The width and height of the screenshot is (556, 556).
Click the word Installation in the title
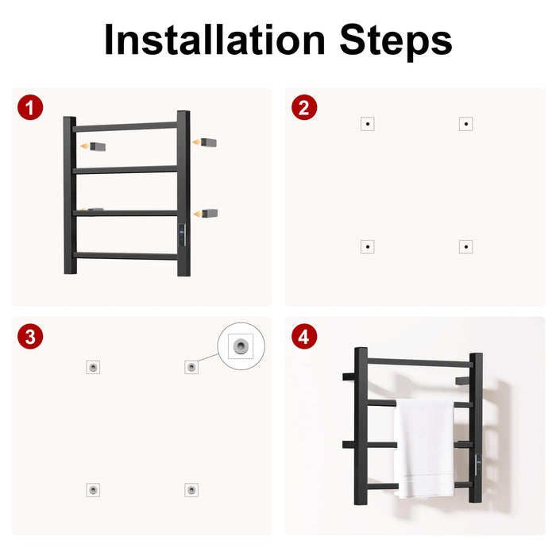tap(215, 40)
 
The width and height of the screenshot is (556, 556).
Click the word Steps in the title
tap(396, 43)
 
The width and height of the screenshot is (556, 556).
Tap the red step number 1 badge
tap(30, 107)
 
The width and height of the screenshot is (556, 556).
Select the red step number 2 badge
tap(304, 107)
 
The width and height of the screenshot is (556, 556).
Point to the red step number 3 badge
tap(30, 336)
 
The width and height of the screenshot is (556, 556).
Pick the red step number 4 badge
tap(304, 336)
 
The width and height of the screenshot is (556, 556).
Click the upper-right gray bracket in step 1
tap(208, 142)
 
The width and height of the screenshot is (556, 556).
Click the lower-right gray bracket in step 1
tap(210, 214)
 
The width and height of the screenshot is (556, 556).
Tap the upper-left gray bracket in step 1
tap(98, 146)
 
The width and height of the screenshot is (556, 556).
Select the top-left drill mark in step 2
tap(368, 124)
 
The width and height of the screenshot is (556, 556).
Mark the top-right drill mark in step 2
tap(466, 124)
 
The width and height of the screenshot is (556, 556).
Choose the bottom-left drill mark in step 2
tap(368, 247)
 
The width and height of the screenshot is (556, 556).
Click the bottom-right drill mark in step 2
tap(466, 247)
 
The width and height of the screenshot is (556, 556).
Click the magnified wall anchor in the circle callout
tap(241, 346)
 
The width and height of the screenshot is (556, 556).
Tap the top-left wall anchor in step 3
tap(93, 367)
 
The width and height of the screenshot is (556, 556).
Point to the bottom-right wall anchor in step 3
tap(191, 490)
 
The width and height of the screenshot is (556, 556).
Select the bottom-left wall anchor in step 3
tap(93, 490)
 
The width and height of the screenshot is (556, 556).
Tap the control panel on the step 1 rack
tap(182, 235)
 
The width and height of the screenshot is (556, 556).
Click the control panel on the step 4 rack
tap(478, 465)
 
